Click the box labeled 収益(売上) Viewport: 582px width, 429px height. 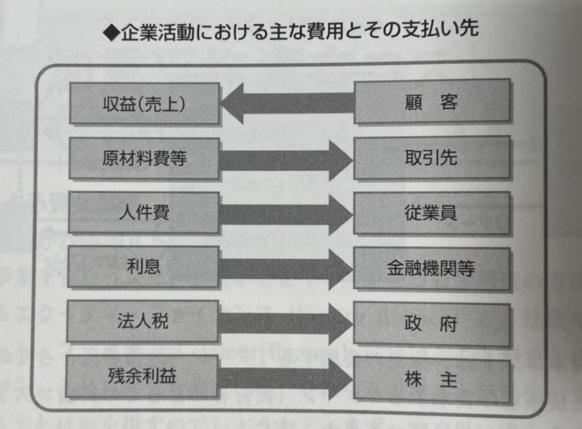tap(144, 104)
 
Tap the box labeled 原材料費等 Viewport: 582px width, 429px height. tap(144, 159)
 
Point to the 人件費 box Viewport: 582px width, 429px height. tap(144, 213)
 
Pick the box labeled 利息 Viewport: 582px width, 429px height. tap(144, 267)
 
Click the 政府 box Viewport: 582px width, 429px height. tap(431, 324)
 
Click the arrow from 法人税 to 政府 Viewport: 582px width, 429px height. tap(286, 323)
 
